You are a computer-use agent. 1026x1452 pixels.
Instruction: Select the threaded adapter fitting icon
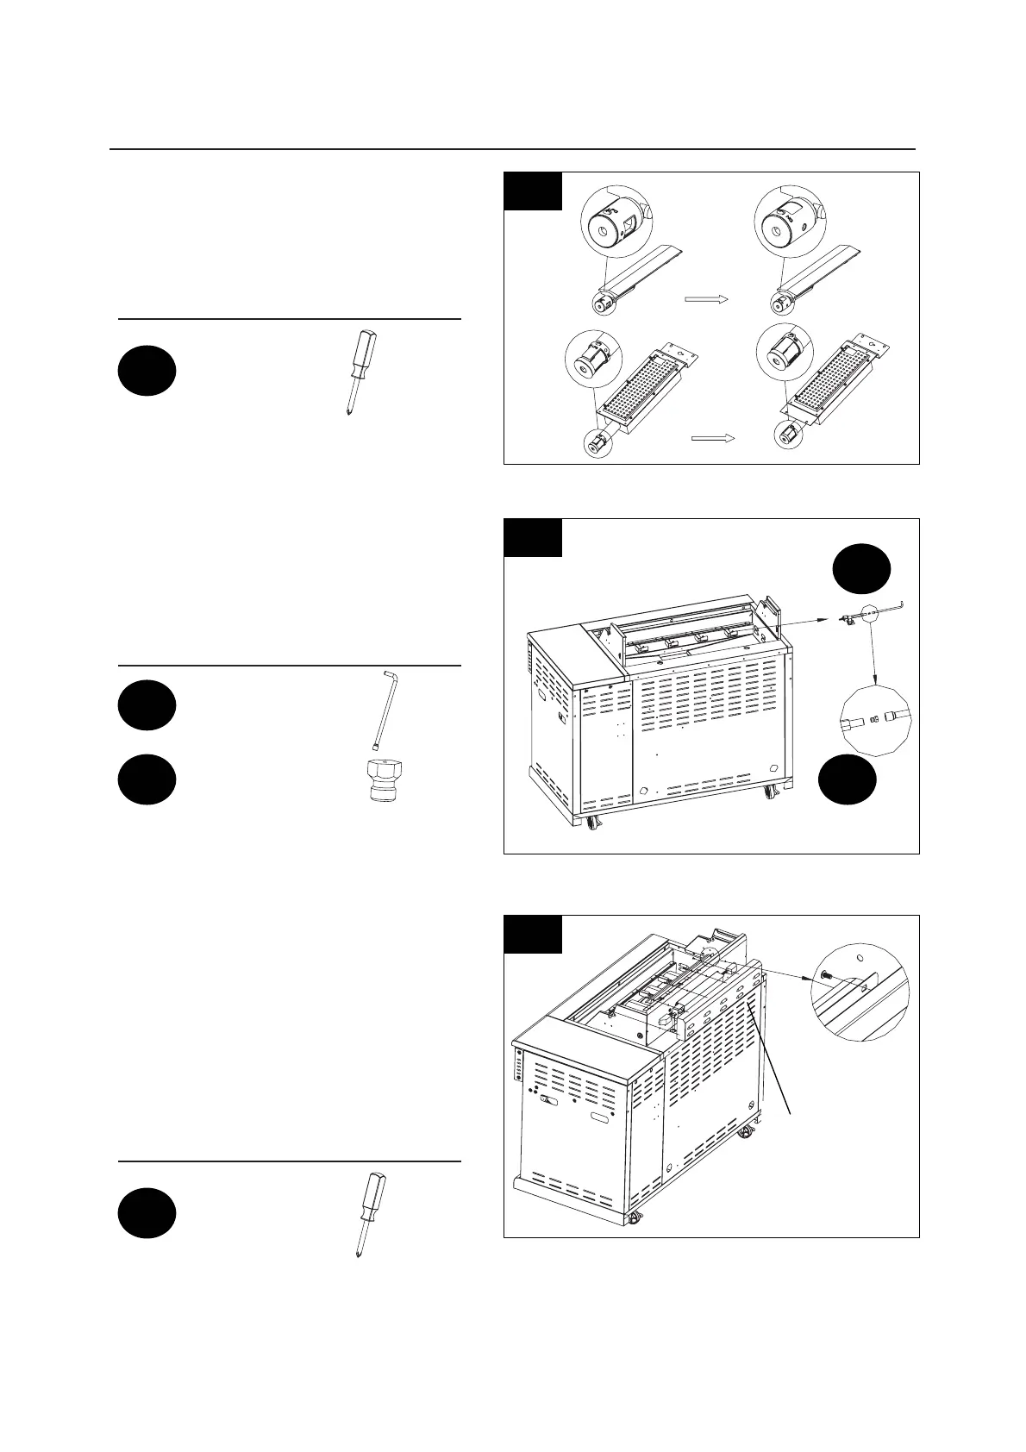click(376, 782)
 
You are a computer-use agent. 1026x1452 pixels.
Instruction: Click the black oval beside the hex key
click(147, 705)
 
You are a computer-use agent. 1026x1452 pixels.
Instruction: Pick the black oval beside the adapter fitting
click(147, 780)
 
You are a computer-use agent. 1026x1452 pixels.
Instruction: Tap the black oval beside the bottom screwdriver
click(147, 1213)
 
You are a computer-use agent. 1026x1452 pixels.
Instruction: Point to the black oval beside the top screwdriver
click(147, 371)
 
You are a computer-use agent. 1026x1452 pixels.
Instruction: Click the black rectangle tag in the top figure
click(533, 191)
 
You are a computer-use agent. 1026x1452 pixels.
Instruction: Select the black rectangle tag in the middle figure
click(533, 538)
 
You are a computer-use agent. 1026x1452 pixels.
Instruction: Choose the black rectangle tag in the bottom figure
click(533, 935)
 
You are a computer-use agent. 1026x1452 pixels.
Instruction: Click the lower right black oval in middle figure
click(847, 780)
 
